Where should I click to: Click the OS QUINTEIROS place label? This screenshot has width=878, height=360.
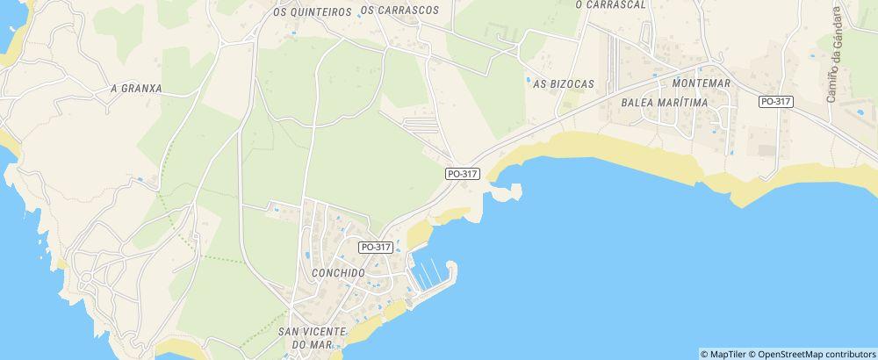coord(312,11)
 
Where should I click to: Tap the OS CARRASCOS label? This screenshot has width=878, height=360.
coord(399,11)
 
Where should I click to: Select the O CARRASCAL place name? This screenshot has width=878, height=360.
coord(610,4)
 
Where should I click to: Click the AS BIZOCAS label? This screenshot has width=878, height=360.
coord(564,83)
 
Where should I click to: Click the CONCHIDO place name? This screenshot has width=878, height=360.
coord(338,273)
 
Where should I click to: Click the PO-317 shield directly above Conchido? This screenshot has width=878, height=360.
coord(375,248)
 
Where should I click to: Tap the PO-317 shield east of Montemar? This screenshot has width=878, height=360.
coord(776,102)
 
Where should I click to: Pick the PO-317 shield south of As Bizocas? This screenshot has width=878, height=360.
coord(462,174)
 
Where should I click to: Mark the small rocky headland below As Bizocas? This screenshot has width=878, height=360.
coord(507,191)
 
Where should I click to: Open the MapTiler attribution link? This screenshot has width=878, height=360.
coord(723,354)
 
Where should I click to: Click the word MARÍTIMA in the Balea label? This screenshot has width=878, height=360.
coord(690,102)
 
